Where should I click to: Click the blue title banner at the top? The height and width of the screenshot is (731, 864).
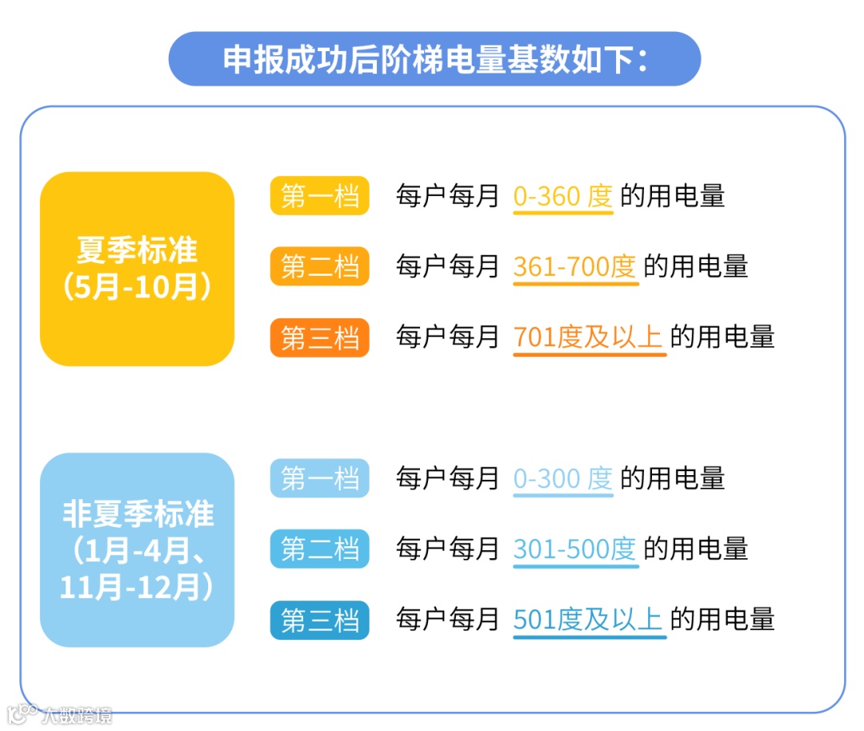434,59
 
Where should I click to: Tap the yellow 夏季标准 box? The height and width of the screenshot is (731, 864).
137,269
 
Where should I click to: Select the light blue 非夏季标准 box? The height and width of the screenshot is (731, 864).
137,549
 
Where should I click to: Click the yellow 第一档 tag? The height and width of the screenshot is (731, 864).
319,196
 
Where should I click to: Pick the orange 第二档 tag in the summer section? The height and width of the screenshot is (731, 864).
319,266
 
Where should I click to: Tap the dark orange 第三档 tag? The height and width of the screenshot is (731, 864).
319,338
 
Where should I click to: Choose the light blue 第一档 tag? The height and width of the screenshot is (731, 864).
319,478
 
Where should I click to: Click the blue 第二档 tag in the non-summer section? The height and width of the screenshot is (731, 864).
319,549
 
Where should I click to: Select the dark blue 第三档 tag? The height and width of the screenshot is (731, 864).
319,620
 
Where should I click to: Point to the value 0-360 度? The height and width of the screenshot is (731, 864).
562,196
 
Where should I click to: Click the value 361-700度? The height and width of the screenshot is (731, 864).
574,266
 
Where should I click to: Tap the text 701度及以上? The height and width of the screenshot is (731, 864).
588,338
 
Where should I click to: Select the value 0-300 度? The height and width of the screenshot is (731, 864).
562,478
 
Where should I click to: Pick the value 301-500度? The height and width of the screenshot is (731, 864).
574,549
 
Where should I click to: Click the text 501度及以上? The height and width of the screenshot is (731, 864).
588,620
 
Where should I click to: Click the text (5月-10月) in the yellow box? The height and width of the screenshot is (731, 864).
137,287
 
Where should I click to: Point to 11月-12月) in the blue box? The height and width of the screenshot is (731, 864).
137,588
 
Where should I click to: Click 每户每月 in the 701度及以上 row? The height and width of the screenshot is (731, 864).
447,338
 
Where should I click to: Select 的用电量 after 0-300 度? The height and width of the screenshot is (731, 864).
673,478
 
